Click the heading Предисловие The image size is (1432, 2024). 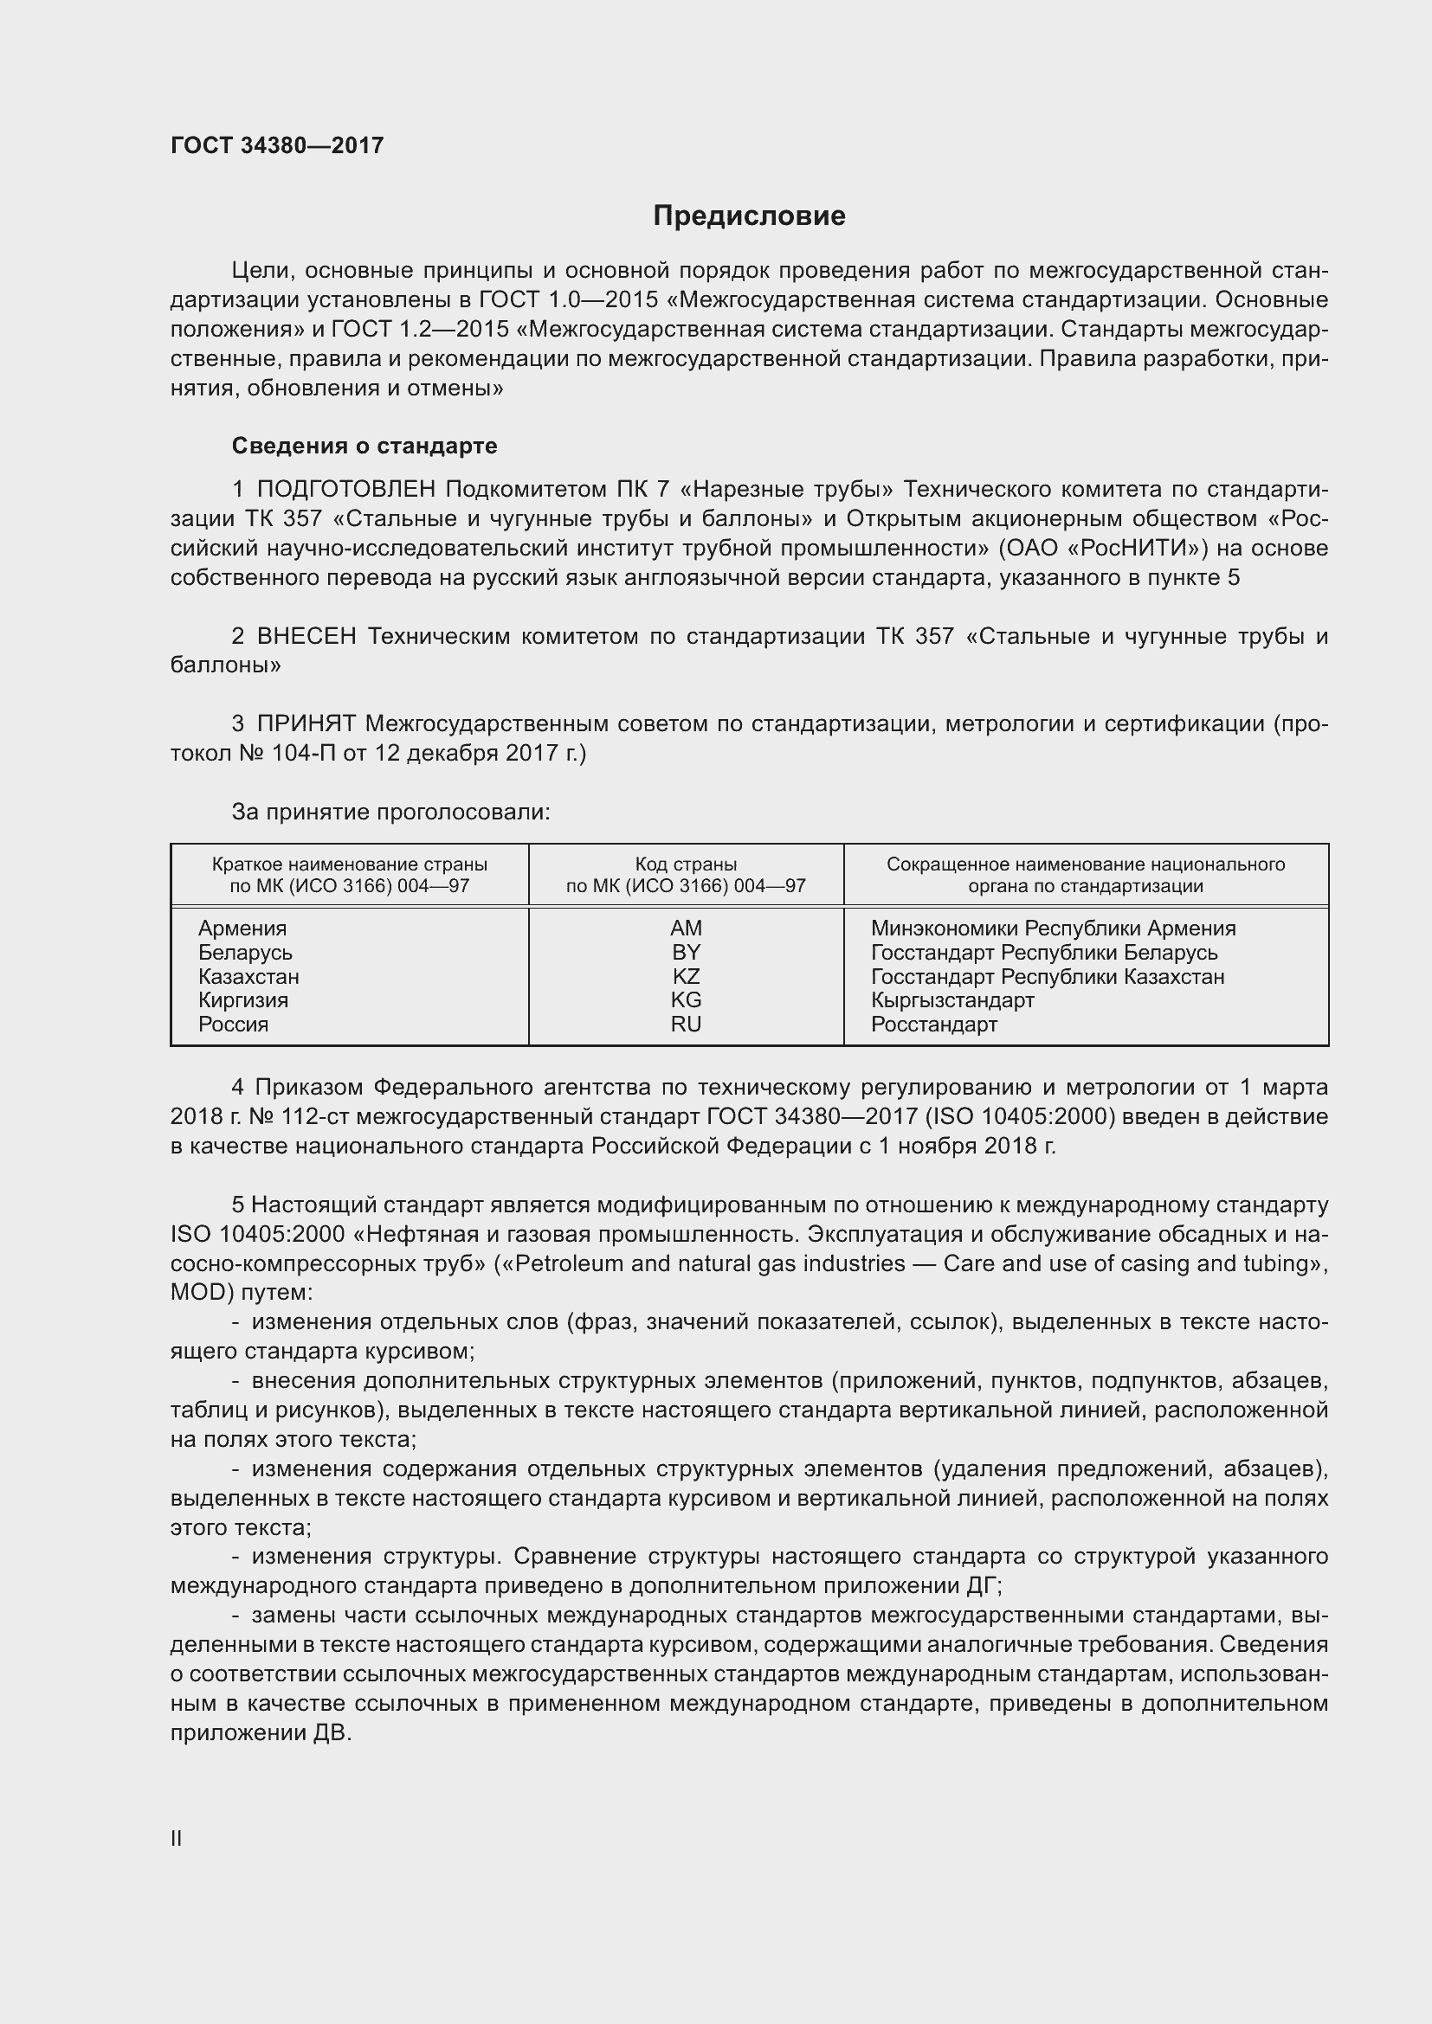click(749, 216)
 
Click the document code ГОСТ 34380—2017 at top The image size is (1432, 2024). click(277, 145)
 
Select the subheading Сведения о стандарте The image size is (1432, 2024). click(364, 446)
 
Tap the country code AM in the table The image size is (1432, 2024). click(686, 928)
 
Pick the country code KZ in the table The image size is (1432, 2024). click(686, 977)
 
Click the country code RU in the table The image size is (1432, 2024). click(686, 1025)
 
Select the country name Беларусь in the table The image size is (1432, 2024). click(245, 953)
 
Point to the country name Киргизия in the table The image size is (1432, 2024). click(243, 1000)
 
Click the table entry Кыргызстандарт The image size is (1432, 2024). click(952, 1000)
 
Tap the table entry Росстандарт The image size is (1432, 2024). click(934, 1025)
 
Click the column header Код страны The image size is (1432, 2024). click(686, 864)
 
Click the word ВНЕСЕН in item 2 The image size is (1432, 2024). click(306, 637)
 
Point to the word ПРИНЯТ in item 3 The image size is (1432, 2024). click(306, 724)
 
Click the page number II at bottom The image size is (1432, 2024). click(177, 1839)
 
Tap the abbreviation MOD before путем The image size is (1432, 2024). click(198, 1293)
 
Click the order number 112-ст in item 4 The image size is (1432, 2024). click(314, 1117)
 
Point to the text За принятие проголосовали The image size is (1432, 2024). click(390, 812)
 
